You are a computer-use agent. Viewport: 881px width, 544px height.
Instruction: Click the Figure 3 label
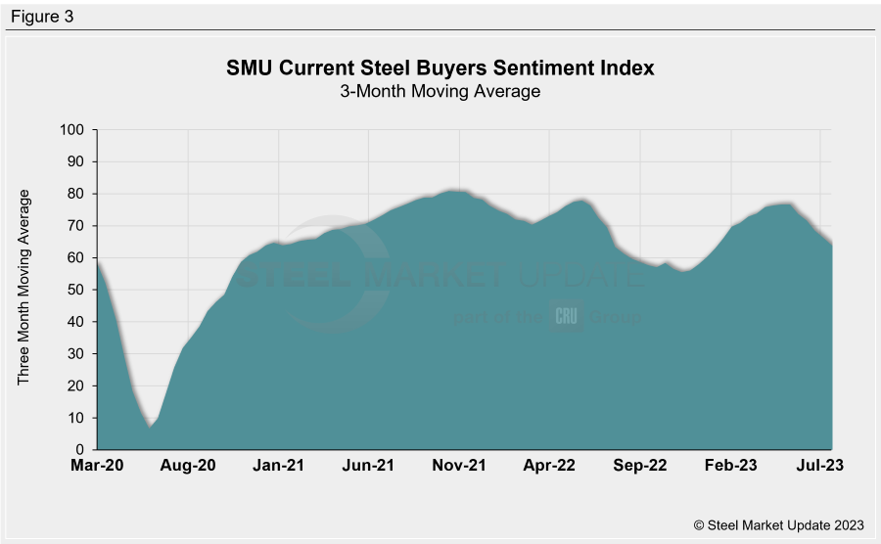click(42, 17)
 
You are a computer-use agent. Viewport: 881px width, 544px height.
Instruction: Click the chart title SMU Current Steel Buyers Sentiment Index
click(440, 68)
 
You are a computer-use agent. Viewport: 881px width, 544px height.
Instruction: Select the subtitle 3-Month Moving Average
click(440, 92)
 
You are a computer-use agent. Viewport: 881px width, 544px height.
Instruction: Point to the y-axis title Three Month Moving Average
click(24, 288)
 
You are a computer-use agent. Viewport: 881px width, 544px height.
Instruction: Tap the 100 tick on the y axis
click(71, 129)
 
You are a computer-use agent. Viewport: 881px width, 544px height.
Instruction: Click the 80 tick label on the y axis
click(75, 194)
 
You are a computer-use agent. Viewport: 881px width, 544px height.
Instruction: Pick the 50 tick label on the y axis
click(75, 290)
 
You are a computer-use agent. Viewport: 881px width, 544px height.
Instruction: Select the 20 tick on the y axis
click(75, 385)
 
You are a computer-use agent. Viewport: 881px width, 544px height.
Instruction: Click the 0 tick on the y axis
click(79, 450)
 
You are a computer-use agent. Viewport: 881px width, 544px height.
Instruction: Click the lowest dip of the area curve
click(151, 427)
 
